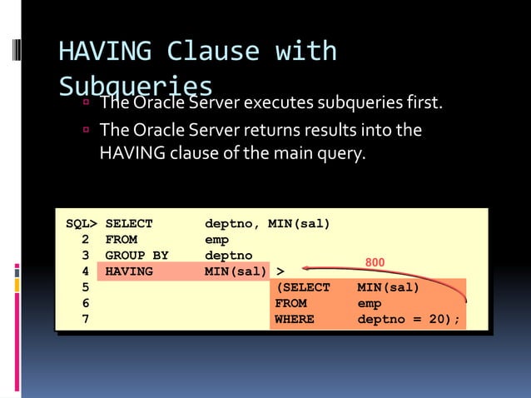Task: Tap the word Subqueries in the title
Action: coord(136,87)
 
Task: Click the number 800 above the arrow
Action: coord(375,262)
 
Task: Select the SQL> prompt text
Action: coord(82,223)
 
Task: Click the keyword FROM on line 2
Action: coord(122,239)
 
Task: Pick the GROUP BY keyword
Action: coord(136,255)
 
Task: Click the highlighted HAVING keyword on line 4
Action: coord(129,271)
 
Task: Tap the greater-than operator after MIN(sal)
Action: coord(280,271)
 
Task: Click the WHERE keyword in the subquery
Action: coord(294,319)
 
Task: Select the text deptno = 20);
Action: coord(409,319)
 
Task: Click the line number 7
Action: coord(86,319)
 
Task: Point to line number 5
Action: coord(86,287)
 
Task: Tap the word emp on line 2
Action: coord(216,239)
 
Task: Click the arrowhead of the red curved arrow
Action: coord(306,268)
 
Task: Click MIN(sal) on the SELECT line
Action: coord(299,223)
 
